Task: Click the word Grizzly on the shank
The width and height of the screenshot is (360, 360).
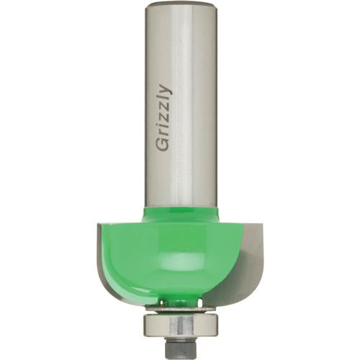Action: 163,119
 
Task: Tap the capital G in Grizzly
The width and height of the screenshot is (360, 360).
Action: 163,145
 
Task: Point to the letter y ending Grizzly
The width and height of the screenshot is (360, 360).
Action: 165,90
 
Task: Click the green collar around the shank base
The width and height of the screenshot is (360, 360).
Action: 180,214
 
